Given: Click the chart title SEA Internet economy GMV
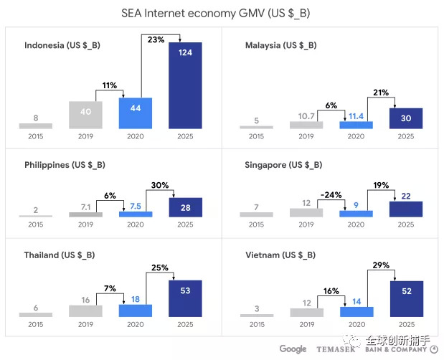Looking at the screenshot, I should pos(221,13).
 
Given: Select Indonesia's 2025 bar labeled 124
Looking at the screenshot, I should pos(185,85).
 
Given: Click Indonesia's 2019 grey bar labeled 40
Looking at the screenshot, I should pos(85,115).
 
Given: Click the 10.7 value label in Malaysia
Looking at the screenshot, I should pos(306,115).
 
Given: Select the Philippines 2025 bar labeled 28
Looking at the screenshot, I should pos(185,207).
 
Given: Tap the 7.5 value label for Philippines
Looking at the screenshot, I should pos(135,207).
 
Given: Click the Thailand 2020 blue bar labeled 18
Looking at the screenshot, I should pos(135,311).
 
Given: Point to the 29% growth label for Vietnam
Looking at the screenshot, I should pos(381,265).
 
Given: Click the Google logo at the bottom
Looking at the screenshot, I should pos(293,349).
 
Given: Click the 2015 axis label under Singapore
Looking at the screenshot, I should pos(256,224).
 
